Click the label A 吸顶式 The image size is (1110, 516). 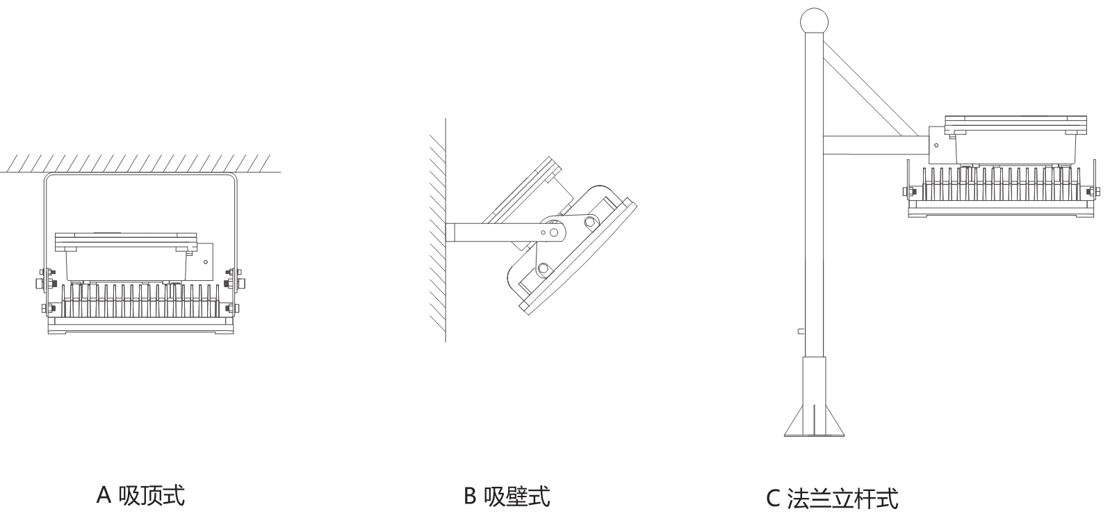point(140,495)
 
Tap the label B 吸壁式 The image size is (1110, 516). point(507,496)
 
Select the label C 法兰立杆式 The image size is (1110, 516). point(833,499)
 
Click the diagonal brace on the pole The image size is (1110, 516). point(876,91)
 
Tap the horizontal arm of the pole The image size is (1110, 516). point(876,145)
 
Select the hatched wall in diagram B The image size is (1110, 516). point(438,230)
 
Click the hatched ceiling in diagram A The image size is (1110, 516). point(140,163)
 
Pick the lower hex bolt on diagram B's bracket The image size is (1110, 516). point(543,269)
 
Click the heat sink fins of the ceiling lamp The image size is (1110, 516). point(140,301)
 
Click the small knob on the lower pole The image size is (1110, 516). point(801,331)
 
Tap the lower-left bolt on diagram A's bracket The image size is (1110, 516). point(46,308)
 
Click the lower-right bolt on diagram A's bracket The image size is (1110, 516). point(235,308)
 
